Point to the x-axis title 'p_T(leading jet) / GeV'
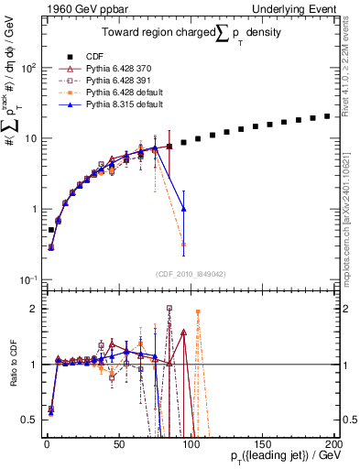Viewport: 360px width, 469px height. [x=276, y=456]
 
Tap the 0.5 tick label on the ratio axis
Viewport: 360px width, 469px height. [x=29, y=420]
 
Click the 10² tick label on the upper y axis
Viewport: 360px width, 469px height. [x=28, y=68]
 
